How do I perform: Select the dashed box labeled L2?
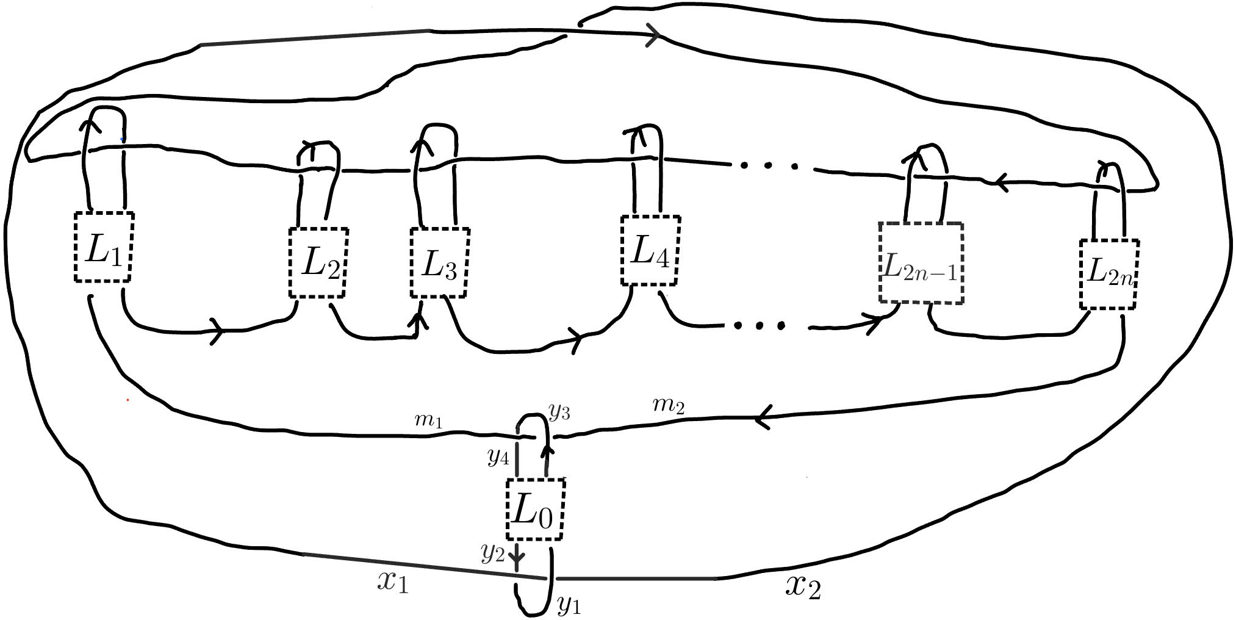point(318,263)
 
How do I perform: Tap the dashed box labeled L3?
point(439,263)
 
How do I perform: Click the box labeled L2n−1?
point(921,264)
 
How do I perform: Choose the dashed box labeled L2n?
point(1108,274)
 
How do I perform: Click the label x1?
point(392,583)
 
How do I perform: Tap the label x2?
point(802,587)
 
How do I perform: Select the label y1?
point(569,605)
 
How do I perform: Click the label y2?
point(493,553)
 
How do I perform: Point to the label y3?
point(559,413)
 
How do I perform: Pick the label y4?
point(498,458)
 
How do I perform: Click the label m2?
point(669,406)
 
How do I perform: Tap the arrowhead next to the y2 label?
point(517,558)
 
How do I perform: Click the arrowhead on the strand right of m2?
point(762,419)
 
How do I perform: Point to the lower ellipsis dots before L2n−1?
point(760,326)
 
